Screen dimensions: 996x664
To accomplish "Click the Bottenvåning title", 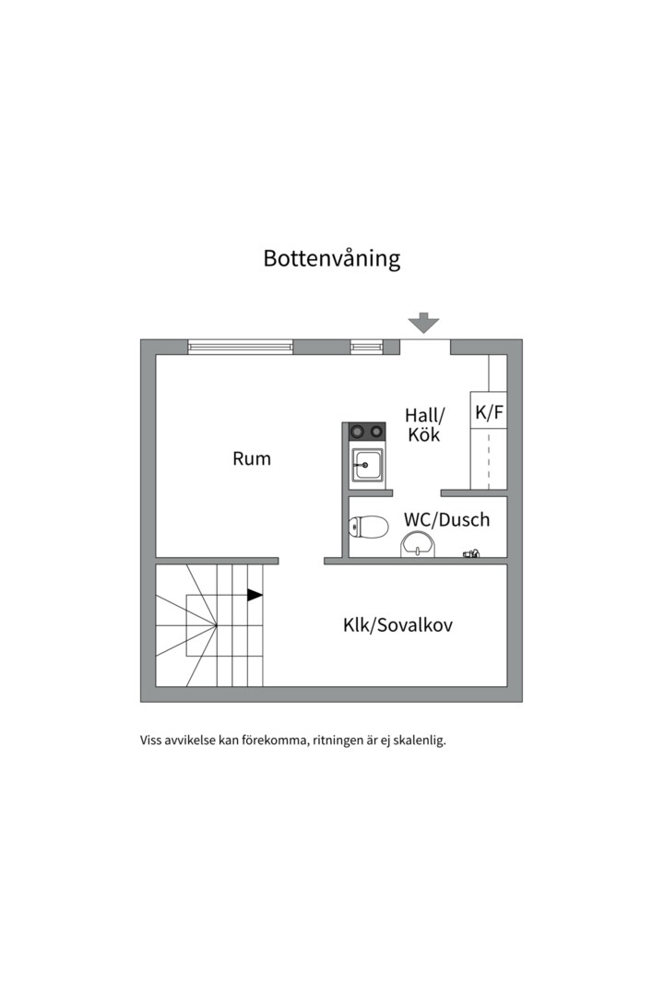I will click(x=332, y=258).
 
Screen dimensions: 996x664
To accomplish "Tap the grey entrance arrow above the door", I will click(x=424, y=323).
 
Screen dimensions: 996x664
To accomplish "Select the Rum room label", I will click(x=252, y=458).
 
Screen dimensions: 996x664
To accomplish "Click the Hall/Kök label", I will click(x=424, y=425).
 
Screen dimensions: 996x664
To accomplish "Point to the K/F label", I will click(x=489, y=413).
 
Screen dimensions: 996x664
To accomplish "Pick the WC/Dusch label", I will click(x=446, y=519).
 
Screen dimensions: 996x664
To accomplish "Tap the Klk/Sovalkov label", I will click(x=397, y=625).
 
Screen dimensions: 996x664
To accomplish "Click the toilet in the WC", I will click(x=368, y=528).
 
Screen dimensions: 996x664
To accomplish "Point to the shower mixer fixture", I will click(x=472, y=554).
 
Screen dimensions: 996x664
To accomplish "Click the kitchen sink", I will click(x=367, y=466).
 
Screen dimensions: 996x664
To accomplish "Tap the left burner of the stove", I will click(x=357, y=431).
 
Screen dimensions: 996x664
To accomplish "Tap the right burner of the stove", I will click(x=376, y=431).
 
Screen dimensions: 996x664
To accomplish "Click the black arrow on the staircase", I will click(x=255, y=595).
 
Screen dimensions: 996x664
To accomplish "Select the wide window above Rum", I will click(x=240, y=347).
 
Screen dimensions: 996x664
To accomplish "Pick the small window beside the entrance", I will click(x=366, y=347).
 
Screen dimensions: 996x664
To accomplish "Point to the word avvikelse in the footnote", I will click(x=189, y=740).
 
